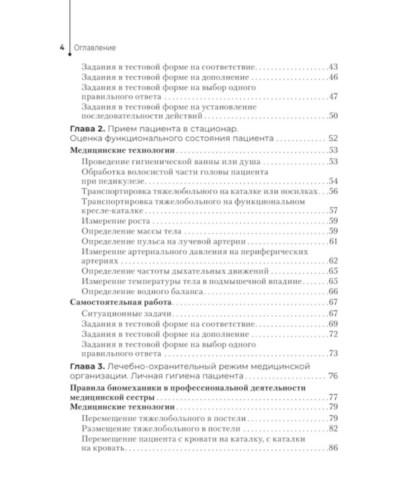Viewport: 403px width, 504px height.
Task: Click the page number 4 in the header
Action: [62, 48]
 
